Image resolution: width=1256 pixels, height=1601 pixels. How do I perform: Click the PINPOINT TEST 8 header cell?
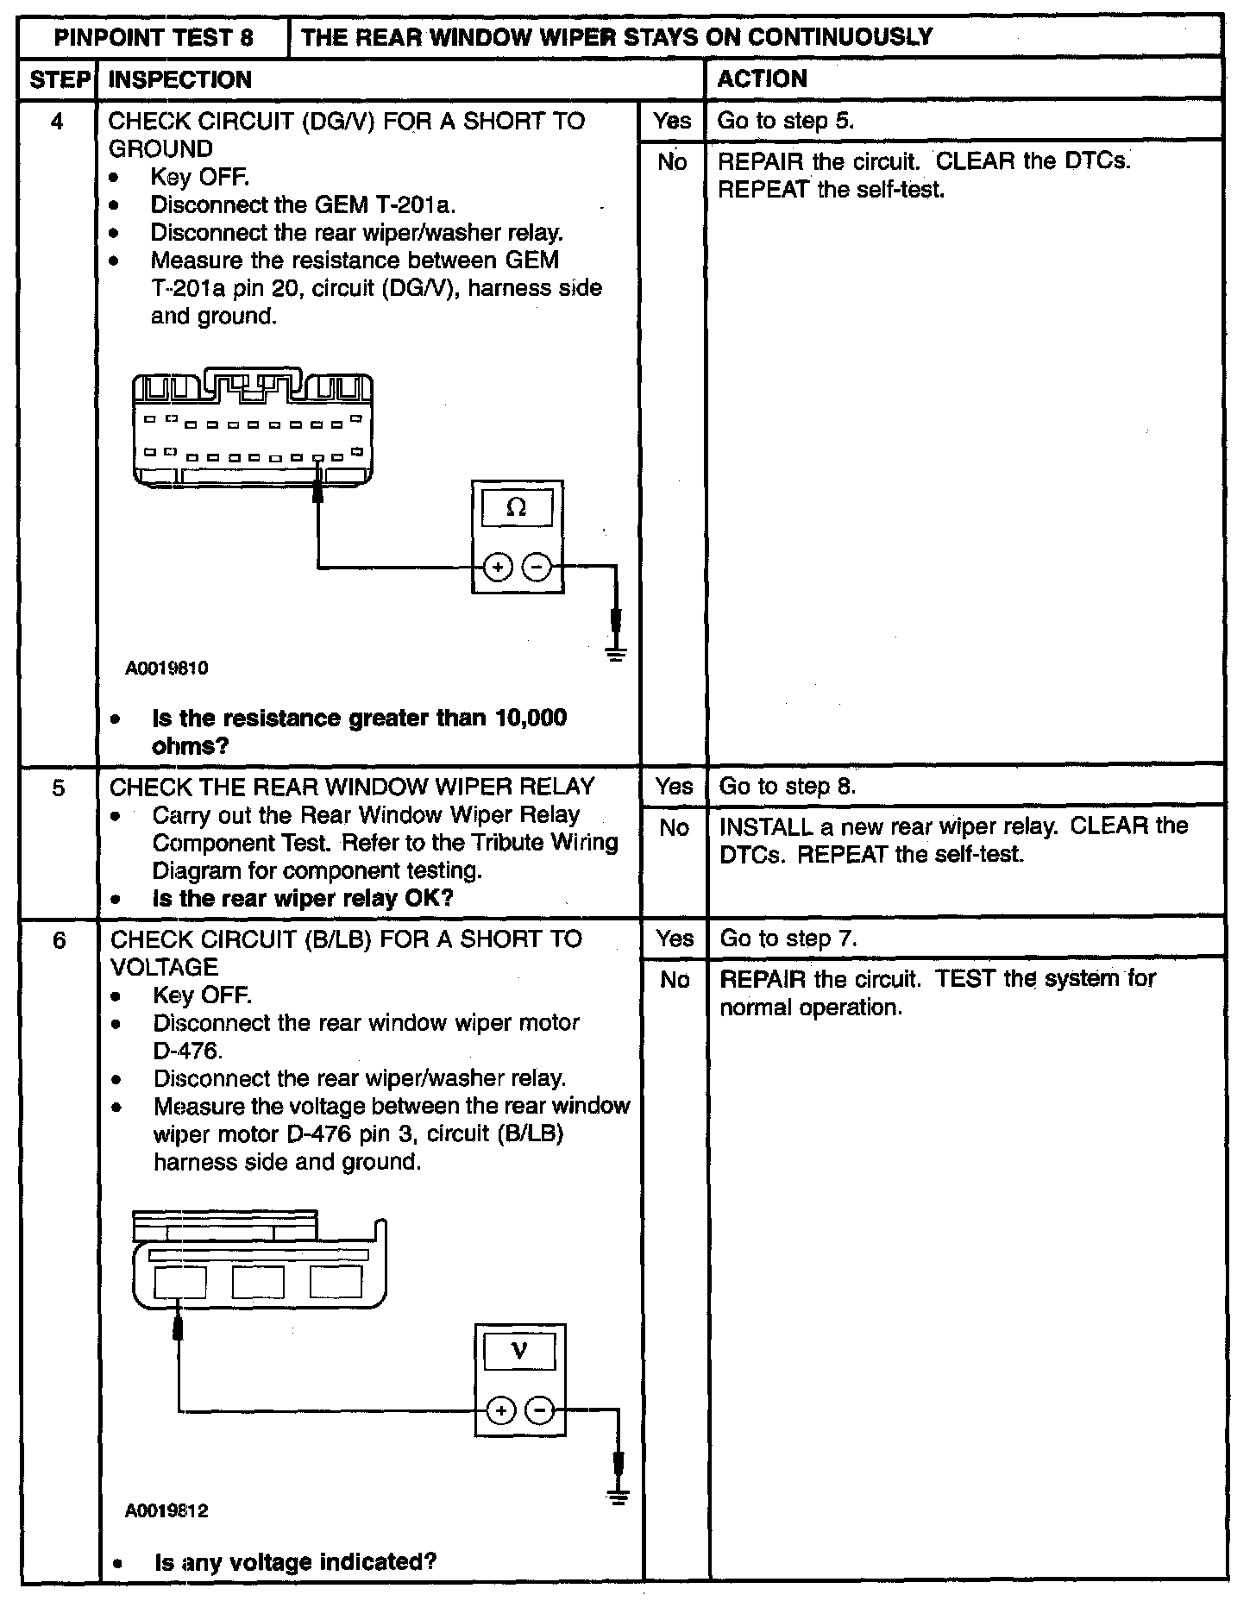(154, 37)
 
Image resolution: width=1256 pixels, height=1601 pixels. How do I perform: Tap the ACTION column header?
(763, 79)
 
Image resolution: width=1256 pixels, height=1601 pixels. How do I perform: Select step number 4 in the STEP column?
(57, 121)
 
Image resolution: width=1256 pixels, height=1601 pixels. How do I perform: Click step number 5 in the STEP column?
(58, 788)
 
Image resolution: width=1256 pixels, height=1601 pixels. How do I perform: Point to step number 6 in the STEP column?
(59, 939)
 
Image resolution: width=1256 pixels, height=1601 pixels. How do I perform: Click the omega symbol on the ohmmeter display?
(517, 508)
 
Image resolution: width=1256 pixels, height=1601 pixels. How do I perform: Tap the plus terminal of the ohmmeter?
(498, 567)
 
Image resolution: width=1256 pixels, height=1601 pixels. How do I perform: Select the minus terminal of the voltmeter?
(540, 1410)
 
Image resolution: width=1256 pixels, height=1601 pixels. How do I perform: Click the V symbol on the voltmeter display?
(519, 1352)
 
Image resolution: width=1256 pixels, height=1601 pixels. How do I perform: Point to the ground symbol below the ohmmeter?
(616, 653)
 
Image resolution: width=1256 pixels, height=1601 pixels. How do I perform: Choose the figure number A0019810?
(166, 669)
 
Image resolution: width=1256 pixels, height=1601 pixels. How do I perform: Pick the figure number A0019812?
(166, 1511)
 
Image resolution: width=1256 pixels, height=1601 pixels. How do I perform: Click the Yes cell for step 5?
(674, 787)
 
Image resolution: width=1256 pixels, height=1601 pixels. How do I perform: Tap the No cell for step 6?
(675, 980)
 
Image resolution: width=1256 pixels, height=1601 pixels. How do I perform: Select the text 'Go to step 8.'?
(788, 787)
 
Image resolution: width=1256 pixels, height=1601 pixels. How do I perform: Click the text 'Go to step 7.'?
(788, 939)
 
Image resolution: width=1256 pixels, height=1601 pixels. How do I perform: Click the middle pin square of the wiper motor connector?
(258, 1283)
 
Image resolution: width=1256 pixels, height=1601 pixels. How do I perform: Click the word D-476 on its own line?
(188, 1051)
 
